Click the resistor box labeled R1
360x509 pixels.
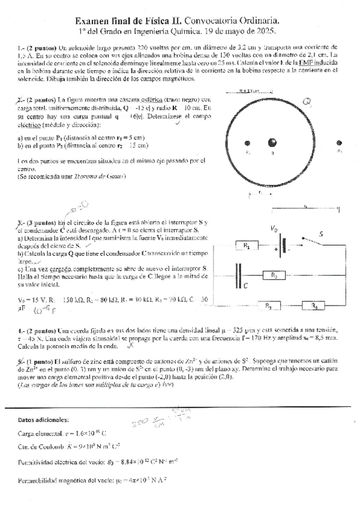coord(247,245)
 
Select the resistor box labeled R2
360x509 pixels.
coord(273,276)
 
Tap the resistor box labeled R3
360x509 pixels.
coord(270,306)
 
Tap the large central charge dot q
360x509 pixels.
coord(272,143)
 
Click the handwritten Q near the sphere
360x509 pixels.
coord(307,102)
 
